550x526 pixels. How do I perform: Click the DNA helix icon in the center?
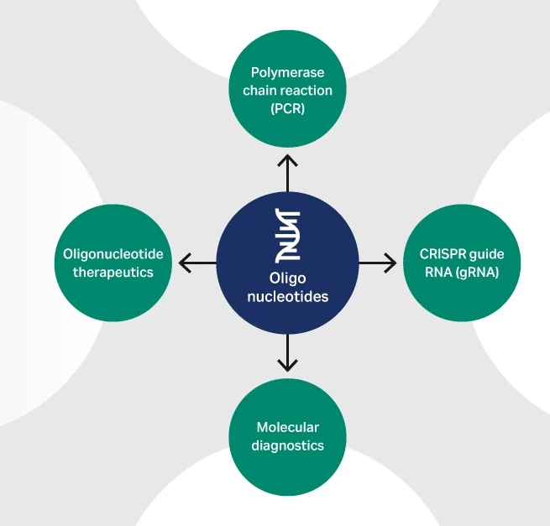point(288,236)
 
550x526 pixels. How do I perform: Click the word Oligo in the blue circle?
point(288,279)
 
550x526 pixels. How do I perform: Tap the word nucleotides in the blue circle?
point(288,297)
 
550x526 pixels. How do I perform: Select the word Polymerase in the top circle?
point(287,73)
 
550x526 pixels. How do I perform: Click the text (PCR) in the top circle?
point(287,108)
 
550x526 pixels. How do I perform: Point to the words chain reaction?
point(287,91)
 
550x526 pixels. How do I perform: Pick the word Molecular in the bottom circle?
point(287,428)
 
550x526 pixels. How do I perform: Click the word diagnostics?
point(287,445)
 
